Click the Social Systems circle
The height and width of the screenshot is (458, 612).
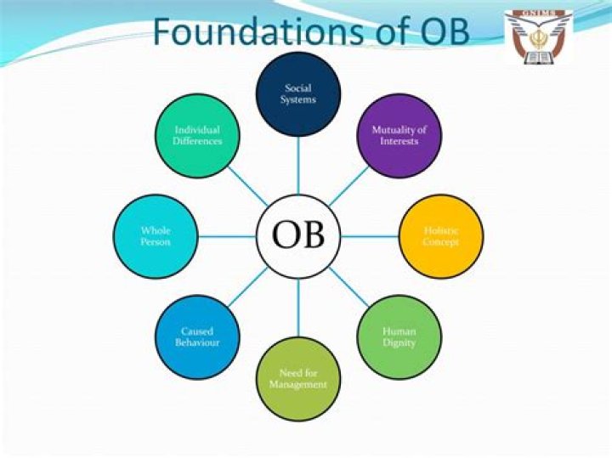click(298, 93)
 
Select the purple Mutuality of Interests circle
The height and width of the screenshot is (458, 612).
click(399, 136)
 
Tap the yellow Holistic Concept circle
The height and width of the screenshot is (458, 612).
click(440, 236)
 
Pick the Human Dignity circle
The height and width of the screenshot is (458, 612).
click(399, 336)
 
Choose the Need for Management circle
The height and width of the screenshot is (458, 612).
click(298, 379)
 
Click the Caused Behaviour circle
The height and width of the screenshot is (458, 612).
click(197, 336)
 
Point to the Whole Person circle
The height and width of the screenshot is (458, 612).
click(156, 236)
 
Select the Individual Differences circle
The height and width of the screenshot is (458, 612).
click(197, 136)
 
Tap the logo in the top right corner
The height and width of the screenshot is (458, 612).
click(539, 37)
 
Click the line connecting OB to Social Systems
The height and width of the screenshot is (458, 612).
click(298, 166)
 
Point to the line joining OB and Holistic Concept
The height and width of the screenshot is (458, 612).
click(369, 236)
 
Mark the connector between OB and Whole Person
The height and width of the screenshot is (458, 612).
click(227, 236)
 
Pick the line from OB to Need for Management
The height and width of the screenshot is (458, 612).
click(298, 308)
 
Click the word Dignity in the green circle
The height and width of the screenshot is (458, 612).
click(399, 342)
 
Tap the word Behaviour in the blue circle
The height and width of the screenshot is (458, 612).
click(197, 342)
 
